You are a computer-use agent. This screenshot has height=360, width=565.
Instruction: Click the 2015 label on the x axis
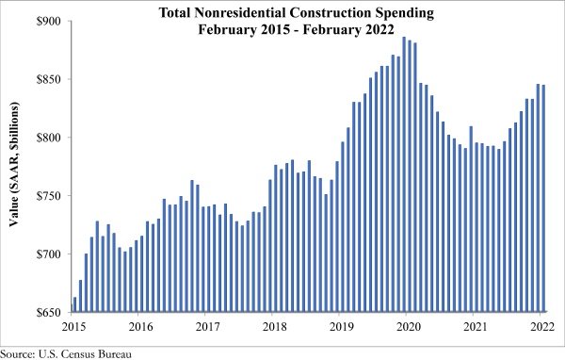click(x=73, y=327)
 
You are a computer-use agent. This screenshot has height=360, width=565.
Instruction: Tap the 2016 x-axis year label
click(x=141, y=327)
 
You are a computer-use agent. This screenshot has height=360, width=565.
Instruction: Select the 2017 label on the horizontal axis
click(x=208, y=327)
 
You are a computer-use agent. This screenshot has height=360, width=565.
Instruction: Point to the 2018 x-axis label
click(x=275, y=327)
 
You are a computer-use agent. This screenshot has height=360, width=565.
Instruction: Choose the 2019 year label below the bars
click(x=342, y=327)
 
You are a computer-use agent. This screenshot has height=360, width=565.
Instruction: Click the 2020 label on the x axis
click(x=409, y=327)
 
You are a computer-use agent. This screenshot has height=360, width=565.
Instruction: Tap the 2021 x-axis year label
click(x=476, y=327)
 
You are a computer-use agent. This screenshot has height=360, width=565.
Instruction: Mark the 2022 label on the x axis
click(x=542, y=327)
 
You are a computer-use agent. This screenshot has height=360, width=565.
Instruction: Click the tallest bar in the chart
click(x=404, y=174)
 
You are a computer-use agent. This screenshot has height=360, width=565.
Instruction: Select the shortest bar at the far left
click(x=74, y=304)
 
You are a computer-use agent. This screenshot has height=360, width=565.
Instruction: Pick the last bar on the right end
click(x=543, y=199)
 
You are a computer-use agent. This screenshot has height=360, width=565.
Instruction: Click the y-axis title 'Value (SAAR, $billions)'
click(x=14, y=165)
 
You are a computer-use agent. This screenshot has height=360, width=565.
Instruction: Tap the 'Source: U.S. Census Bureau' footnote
click(x=66, y=353)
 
